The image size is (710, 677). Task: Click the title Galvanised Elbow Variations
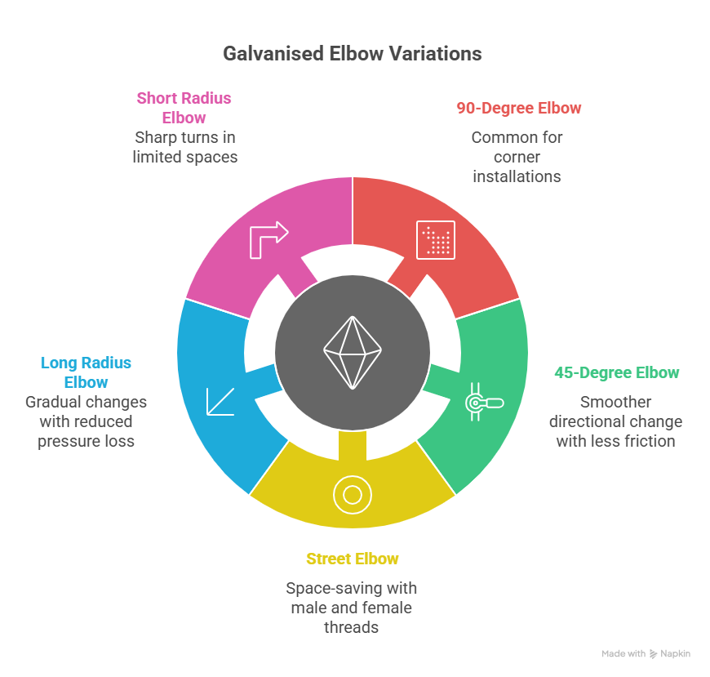coord(353,54)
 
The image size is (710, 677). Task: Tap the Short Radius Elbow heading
coord(184,107)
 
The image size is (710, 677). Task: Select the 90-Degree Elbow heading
coord(518,108)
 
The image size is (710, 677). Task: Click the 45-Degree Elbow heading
coord(616,372)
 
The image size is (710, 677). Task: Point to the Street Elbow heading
coord(353,559)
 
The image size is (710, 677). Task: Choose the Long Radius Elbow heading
coord(86,372)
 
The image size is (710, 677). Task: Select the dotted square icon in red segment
coord(436,239)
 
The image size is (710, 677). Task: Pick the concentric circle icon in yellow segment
coord(353,494)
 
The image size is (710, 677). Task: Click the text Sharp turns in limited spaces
coord(185,147)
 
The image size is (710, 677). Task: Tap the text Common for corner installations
coord(517,157)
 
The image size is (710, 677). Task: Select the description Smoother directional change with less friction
coord(616,421)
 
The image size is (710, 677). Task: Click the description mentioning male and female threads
coord(351,608)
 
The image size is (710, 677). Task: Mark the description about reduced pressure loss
coord(86,421)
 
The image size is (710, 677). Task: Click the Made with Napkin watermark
coord(646,654)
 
